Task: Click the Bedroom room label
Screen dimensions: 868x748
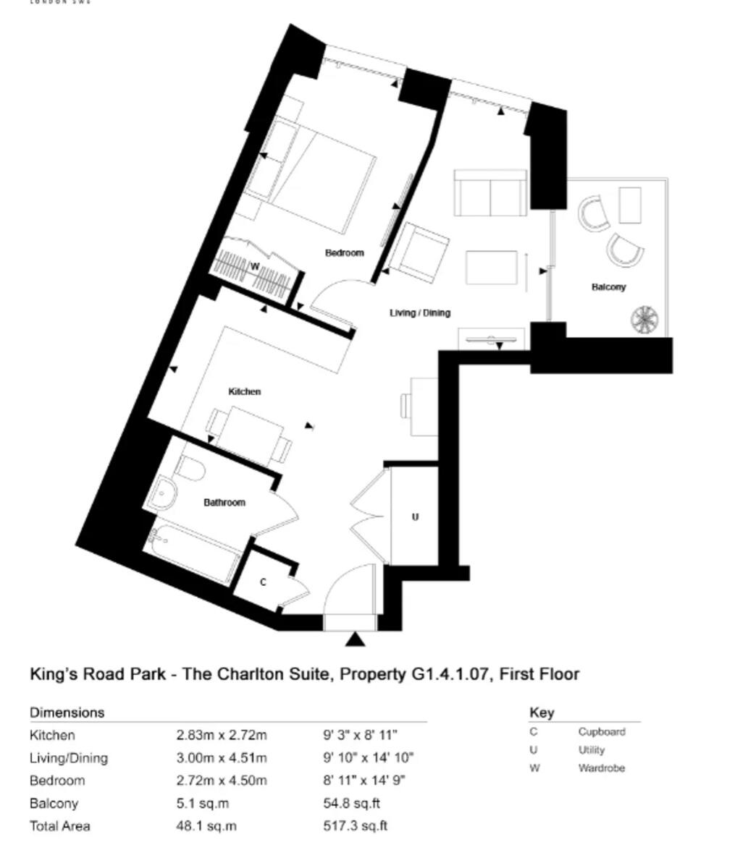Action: click(344, 252)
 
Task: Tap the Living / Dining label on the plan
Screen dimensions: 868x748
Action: click(420, 312)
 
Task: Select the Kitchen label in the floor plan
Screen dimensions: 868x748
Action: click(245, 391)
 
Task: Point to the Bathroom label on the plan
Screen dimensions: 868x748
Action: click(224, 502)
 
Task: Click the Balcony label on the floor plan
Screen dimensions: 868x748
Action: click(608, 287)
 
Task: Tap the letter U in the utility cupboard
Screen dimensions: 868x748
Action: click(415, 517)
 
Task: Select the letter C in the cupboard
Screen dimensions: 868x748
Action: click(263, 582)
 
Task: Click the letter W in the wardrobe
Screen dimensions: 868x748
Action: click(254, 266)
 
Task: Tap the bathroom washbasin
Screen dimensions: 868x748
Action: click(163, 493)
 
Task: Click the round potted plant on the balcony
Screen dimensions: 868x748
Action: click(644, 319)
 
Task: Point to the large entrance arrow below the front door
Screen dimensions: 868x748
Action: click(354, 639)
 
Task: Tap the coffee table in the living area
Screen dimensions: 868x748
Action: click(492, 267)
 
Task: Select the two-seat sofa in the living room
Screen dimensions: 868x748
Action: click(490, 193)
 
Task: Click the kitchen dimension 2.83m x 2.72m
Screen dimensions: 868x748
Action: click(222, 736)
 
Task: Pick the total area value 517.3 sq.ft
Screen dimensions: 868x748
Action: click(356, 825)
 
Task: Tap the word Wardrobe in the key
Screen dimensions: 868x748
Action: click(601, 768)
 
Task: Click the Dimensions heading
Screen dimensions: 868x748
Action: click(67, 712)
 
